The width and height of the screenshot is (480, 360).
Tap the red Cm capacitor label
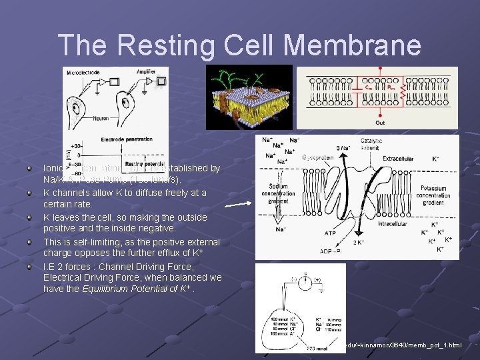[368, 85]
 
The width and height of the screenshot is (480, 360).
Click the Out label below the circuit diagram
[379, 122]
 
